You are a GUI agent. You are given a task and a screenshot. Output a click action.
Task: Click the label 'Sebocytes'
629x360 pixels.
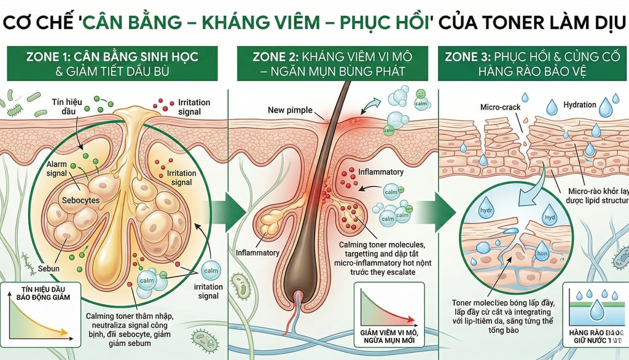point(81,201)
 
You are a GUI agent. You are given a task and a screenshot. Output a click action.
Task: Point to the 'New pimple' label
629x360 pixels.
point(290,111)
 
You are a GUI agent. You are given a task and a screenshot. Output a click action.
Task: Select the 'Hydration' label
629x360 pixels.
point(579,105)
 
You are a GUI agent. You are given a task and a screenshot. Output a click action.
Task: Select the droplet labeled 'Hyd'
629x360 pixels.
point(547,216)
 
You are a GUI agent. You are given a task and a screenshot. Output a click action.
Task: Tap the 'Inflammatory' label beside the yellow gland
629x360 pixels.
point(257,252)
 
